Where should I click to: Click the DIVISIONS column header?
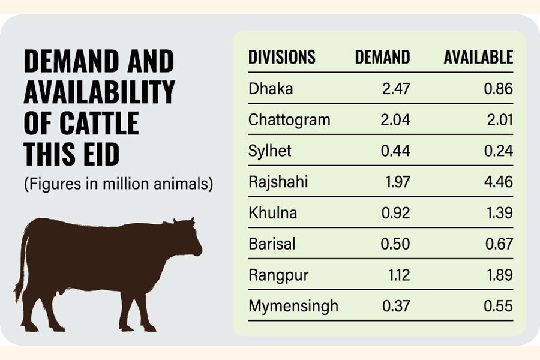(x=281, y=58)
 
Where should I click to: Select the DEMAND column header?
(x=382, y=58)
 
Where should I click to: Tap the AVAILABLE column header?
(x=478, y=58)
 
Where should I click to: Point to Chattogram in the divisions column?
(x=289, y=119)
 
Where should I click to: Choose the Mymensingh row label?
(x=293, y=306)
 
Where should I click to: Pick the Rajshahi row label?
(x=278, y=182)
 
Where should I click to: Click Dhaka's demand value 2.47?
(x=396, y=89)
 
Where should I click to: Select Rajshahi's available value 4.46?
(x=499, y=182)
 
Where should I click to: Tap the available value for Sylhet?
(x=499, y=151)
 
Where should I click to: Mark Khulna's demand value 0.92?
(x=396, y=213)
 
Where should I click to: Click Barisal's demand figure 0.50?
(x=396, y=244)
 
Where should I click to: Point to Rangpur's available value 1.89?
(x=499, y=275)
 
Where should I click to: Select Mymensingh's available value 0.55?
(x=499, y=306)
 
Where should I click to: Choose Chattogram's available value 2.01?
(x=499, y=119)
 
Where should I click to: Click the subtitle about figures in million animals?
(x=118, y=184)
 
